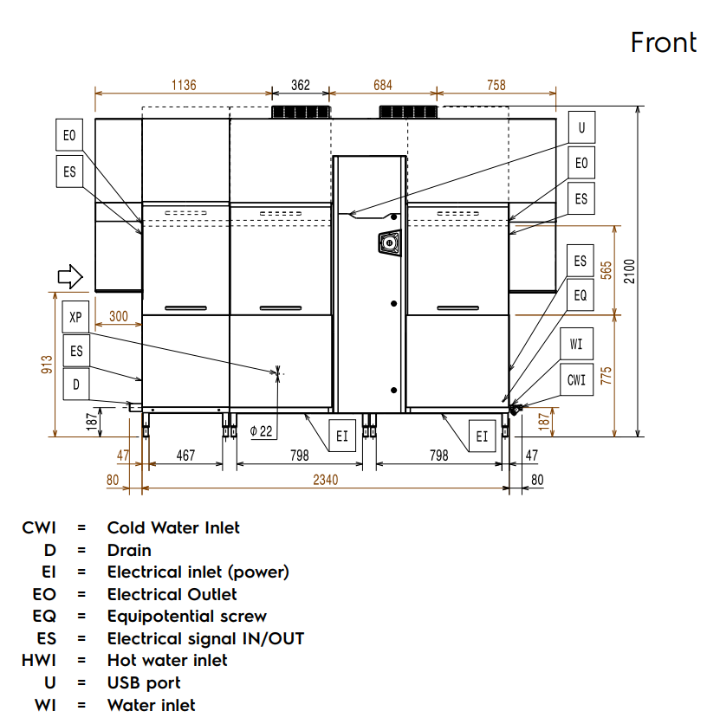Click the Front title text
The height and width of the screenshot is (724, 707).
click(x=664, y=42)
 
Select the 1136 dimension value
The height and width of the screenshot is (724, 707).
click(x=184, y=85)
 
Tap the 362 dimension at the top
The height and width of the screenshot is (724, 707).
click(x=301, y=85)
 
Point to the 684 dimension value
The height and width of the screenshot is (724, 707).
click(x=382, y=85)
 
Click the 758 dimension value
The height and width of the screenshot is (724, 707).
click(x=496, y=85)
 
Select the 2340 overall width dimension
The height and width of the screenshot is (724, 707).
click(x=326, y=479)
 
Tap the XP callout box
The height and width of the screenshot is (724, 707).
click(x=76, y=317)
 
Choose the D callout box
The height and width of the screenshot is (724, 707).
click(x=76, y=384)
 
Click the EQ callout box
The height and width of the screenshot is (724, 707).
click(x=581, y=295)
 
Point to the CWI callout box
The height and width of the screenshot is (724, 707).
click(x=577, y=379)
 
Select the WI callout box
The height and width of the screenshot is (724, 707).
click(x=577, y=345)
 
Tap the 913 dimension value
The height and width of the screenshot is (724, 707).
click(x=45, y=365)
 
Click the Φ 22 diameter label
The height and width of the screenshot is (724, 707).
click(x=261, y=430)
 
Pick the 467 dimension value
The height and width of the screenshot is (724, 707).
click(x=185, y=455)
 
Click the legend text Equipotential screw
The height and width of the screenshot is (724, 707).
click(x=186, y=616)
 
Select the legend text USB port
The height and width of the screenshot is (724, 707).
click(x=144, y=682)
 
